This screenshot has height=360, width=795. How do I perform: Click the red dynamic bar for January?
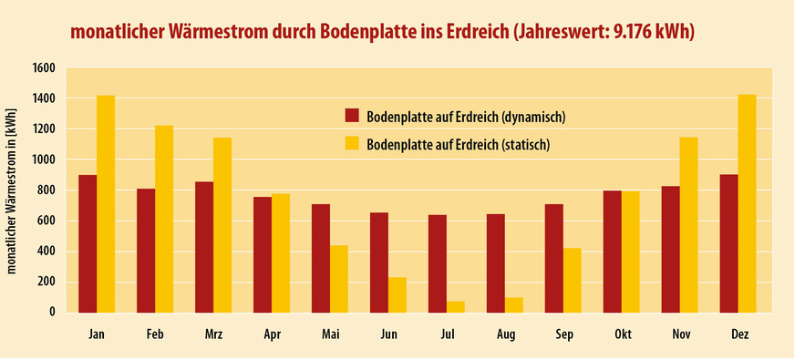click(x=88, y=243)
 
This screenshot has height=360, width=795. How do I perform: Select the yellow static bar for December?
click(x=747, y=203)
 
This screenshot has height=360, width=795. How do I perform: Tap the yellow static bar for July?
click(x=455, y=306)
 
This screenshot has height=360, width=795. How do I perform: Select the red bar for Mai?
click(x=320, y=258)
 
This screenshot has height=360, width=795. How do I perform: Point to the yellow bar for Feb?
click(x=164, y=219)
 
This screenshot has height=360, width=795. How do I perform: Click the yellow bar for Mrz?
click(x=222, y=224)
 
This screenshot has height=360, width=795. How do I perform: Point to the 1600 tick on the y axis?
click(x=45, y=68)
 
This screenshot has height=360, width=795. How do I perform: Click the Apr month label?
click(x=272, y=335)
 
